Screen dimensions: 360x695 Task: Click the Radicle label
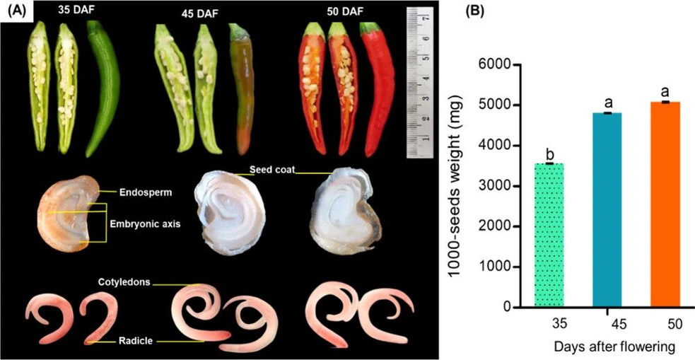point(135,341)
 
